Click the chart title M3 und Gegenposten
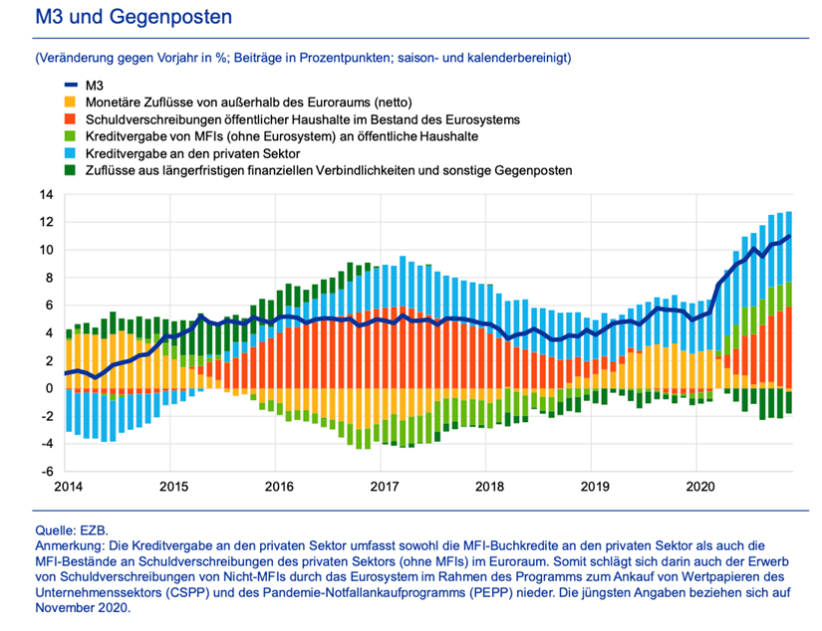[134, 17]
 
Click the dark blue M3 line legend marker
[71, 86]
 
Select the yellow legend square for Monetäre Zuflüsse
[71, 103]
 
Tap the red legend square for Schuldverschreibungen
[71, 119]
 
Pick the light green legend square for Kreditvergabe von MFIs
[71, 136]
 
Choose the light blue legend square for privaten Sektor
[71, 153]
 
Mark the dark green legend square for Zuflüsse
[71, 170]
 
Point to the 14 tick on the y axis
[47, 195]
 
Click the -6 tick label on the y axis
[47, 472]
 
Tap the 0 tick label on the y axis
[50, 388]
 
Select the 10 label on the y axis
[47, 250]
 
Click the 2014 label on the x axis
[68, 487]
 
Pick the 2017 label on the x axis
[385, 487]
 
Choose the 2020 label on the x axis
[700, 487]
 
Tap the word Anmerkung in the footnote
[70, 545]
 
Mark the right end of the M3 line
[789, 236]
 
